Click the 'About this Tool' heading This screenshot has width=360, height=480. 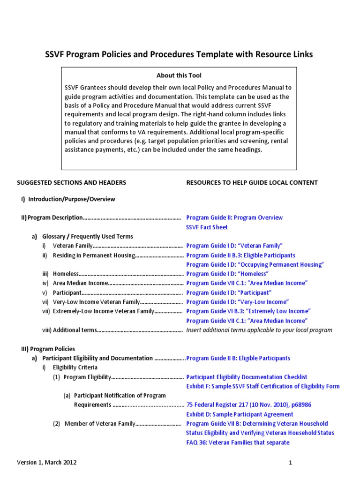(x=179, y=75)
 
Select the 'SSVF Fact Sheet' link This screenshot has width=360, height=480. (x=207, y=227)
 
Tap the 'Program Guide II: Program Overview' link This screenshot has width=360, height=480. (x=234, y=217)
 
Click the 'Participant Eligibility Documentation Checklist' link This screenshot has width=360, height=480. (x=247, y=377)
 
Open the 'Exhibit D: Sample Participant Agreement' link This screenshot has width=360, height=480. (x=240, y=414)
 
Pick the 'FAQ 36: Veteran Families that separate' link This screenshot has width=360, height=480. (x=238, y=442)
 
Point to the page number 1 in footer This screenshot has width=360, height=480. (x=291, y=463)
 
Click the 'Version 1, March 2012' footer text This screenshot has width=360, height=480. (x=47, y=463)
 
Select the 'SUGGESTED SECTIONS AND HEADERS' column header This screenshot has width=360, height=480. (x=71, y=182)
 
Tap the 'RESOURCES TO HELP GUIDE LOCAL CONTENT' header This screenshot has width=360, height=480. (x=252, y=182)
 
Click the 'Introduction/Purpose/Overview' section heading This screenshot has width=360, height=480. (x=71, y=199)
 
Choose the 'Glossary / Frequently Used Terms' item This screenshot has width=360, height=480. (x=88, y=236)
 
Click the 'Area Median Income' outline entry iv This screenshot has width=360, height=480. (x=80, y=283)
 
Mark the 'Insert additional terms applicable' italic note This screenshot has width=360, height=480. (x=259, y=330)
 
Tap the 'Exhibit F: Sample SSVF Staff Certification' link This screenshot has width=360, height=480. (x=262, y=386)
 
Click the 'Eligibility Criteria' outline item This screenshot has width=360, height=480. (x=75, y=367)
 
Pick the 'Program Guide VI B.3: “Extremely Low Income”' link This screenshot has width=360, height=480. (x=248, y=311)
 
